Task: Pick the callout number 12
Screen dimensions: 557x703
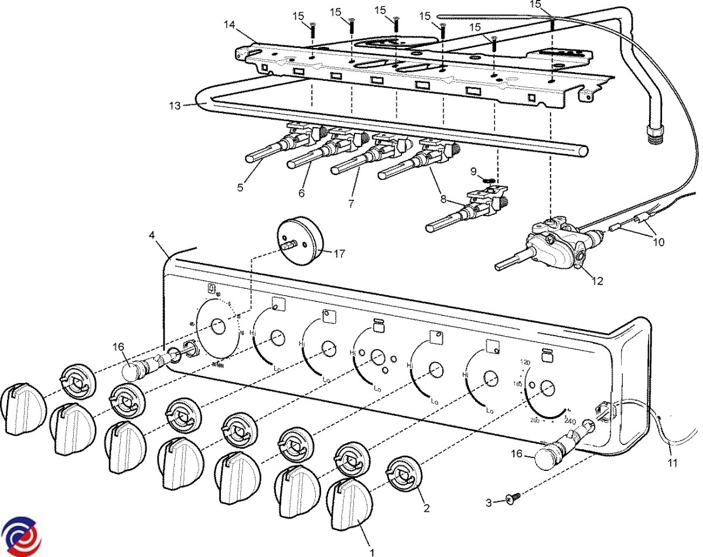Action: pyautogui.click(x=597, y=281)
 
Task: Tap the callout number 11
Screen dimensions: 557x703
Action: pyautogui.click(x=673, y=463)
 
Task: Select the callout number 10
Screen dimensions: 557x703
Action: pyautogui.click(x=659, y=242)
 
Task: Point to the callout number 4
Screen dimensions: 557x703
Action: pyautogui.click(x=152, y=235)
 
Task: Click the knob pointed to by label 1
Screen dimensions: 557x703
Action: pyautogui.click(x=350, y=504)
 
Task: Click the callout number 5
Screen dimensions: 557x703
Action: pyautogui.click(x=240, y=188)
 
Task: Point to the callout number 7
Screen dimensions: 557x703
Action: pyautogui.click(x=351, y=204)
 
